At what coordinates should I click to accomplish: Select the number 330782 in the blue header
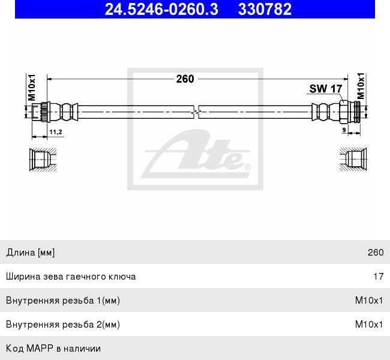point(265,9)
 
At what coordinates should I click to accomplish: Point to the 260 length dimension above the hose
point(185,79)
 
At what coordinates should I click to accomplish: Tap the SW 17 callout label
point(325,89)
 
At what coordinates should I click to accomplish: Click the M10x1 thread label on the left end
point(32,87)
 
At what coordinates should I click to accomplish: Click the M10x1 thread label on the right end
point(361,86)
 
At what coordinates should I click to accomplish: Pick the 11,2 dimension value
point(55,131)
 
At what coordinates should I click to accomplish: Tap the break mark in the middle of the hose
point(195,111)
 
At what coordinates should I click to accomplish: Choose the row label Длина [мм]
point(31,253)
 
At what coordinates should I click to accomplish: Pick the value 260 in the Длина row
point(376,253)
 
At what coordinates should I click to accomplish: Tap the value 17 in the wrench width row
point(378,277)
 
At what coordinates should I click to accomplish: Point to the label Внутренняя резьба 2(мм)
point(63,325)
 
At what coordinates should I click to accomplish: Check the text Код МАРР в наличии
point(53,348)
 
